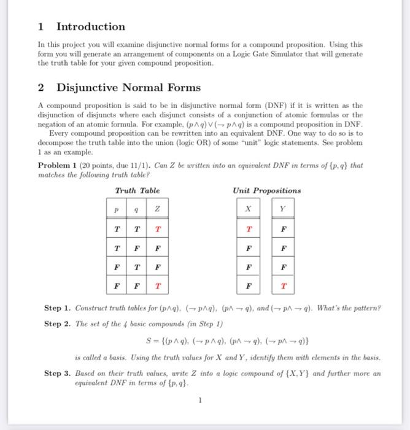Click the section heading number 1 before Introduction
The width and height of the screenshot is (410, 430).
(41, 26)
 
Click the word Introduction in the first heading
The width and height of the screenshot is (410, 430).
(90, 26)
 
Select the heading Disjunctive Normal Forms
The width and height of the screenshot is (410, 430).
(128, 88)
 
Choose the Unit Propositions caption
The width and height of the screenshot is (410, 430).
(267, 190)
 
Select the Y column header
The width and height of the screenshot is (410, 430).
(282, 208)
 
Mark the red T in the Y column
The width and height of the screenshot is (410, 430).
(282, 286)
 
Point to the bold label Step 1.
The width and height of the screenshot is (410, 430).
(58, 307)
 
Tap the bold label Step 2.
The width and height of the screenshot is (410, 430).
(58, 324)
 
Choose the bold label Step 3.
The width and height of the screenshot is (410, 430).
(58, 373)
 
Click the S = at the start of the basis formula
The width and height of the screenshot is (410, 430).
(146, 340)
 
